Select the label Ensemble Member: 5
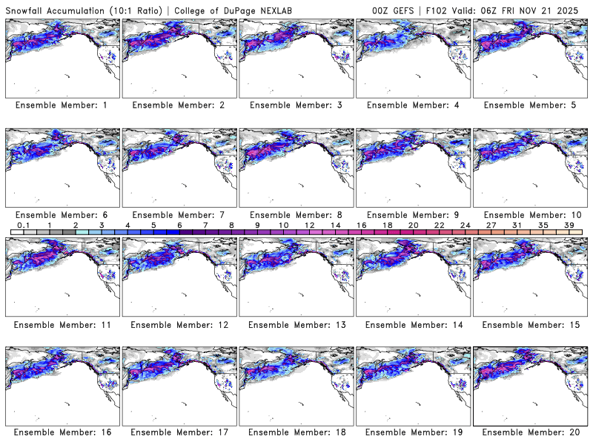coord(529,105)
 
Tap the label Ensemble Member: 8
coord(295,214)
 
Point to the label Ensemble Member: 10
coord(529,214)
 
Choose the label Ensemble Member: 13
coord(295,324)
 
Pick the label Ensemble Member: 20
coord(529,432)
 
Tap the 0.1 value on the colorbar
coord(24,224)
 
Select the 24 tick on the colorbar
coord(465,224)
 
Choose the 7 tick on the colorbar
coord(205,224)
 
